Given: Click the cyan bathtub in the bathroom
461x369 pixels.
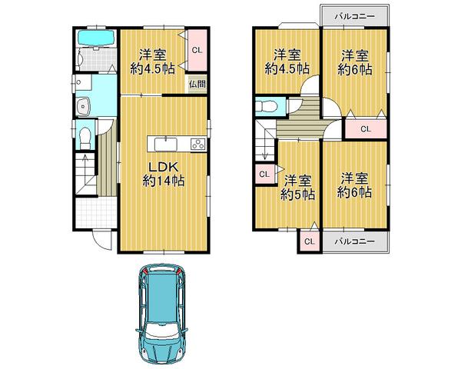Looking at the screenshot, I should tap(96, 38).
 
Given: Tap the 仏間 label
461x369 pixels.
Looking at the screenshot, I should tap(197, 84).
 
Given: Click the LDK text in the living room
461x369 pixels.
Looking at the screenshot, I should tap(163, 166).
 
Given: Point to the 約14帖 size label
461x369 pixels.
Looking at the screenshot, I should tap(163, 181).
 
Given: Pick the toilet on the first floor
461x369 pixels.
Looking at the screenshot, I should tap(86, 137).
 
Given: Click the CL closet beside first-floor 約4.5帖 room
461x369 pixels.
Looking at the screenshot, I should tap(197, 51).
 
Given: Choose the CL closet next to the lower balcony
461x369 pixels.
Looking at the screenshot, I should tap(308, 241).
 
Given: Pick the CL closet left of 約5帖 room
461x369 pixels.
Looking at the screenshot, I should tap(264, 174).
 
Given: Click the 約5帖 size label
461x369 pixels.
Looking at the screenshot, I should tap(297, 195).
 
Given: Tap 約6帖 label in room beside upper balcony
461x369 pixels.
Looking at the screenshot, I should tap(354, 68).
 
